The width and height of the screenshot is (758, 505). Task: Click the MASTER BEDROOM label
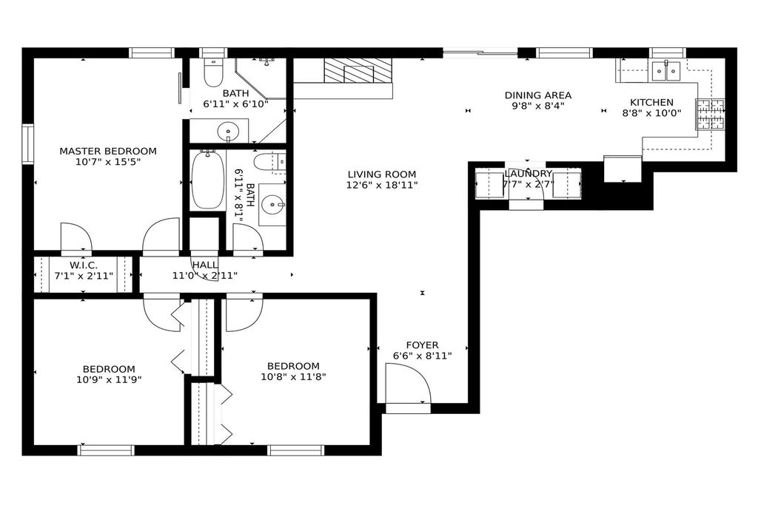[x=108, y=151]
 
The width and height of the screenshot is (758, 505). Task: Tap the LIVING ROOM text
[x=382, y=174]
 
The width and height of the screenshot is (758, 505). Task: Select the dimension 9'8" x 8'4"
[x=538, y=106]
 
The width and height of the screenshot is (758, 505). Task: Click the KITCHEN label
[x=651, y=102]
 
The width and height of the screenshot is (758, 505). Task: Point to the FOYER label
[x=423, y=345]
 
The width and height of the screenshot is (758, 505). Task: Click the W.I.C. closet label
[x=84, y=265]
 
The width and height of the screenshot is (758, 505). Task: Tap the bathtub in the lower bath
[x=208, y=179]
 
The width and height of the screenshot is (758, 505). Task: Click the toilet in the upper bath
[x=213, y=72]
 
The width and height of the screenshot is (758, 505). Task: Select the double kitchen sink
[x=666, y=70]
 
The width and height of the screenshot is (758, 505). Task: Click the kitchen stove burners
[x=710, y=114]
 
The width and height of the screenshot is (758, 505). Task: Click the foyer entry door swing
[x=408, y=383]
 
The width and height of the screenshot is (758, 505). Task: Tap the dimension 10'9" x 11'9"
[x=109, y=379]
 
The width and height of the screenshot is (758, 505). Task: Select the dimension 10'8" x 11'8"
[x=293, y=376]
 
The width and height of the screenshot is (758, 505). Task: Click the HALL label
[x=205, y=265]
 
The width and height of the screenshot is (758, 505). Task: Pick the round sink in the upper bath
[x=227, y=130]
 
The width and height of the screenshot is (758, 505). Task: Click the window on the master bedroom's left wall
[x=28, y=144]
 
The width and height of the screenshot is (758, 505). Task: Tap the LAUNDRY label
[x=528, y=174]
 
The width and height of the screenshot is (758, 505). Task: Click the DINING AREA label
[x=538, y=95]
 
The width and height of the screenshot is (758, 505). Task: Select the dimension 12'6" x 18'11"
[x=382, y=185]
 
